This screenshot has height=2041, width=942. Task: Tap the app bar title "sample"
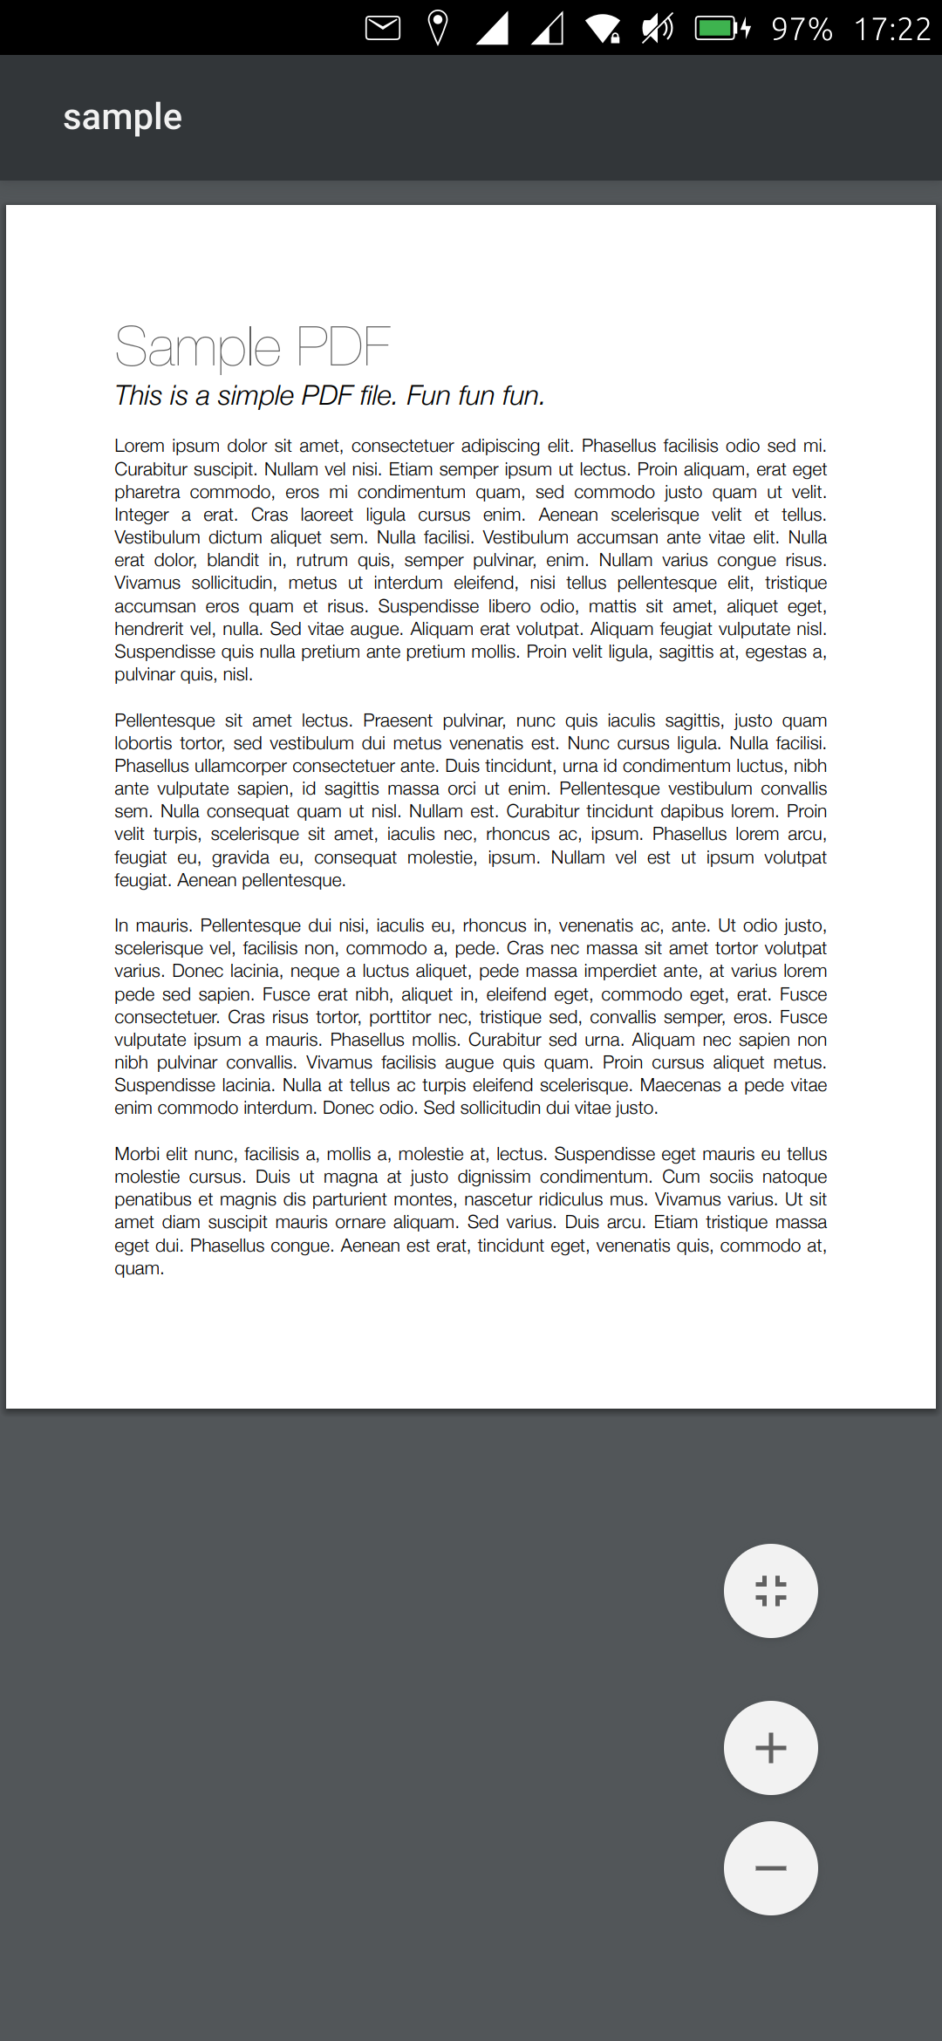(122, 117)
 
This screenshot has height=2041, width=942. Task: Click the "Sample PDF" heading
(252, 346)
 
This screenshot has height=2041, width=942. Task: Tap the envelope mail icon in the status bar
(382, 28)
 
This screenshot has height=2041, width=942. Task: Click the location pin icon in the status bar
(438, 28)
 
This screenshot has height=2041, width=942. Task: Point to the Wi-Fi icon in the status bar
(603, 28)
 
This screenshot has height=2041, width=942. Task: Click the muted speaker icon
(658, 28)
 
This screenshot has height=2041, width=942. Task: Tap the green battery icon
(720, 28)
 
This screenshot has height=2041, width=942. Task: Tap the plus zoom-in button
(770, 1747)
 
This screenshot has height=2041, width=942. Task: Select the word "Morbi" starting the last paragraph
(138, 1154)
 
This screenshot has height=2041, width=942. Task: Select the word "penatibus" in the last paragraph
(154, 1199)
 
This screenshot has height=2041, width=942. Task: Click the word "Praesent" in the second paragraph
(397, 720)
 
